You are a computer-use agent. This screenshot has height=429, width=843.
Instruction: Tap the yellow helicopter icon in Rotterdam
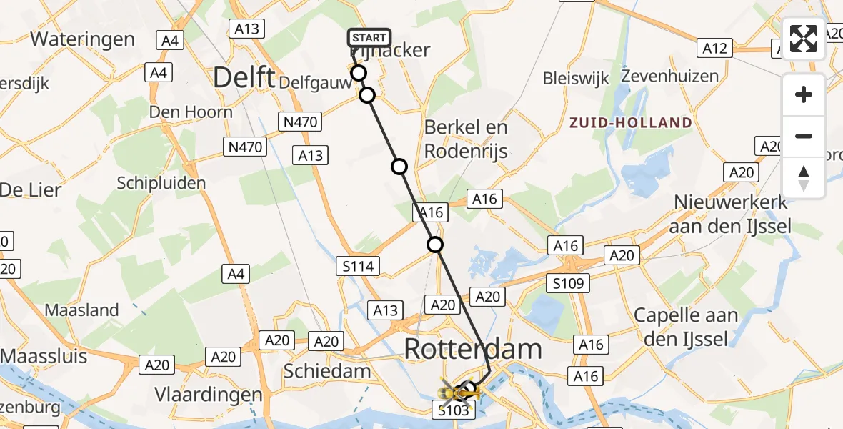458,392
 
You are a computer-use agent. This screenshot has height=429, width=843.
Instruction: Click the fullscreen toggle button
804,39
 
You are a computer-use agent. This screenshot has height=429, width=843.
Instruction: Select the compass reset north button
804,178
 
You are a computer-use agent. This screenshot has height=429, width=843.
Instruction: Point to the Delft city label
244,77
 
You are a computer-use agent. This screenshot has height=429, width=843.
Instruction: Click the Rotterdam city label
473,350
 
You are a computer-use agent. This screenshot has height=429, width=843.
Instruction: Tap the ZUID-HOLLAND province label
631,123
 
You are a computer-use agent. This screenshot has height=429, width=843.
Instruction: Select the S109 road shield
568,283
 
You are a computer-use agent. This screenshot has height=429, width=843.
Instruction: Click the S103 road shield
453,410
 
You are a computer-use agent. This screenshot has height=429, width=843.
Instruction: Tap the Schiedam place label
327,371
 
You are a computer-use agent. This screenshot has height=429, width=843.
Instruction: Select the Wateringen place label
83,39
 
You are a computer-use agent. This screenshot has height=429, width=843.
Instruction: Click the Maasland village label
81,310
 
